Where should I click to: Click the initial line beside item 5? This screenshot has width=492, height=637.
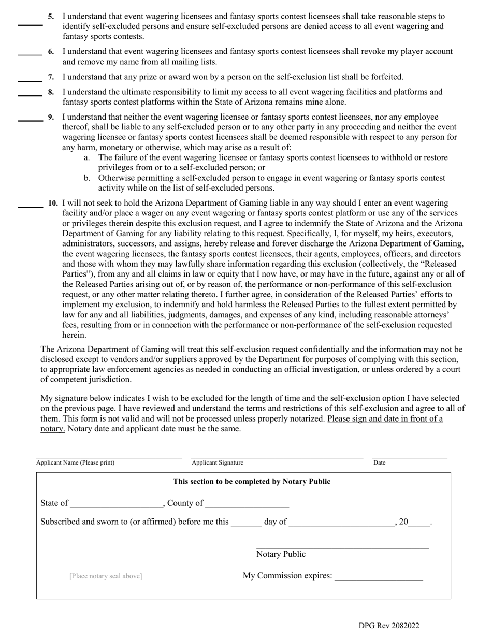tap(30, 24)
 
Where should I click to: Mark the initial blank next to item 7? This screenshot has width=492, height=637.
tap(30, 81)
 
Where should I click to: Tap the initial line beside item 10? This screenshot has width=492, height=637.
tap(30, 207)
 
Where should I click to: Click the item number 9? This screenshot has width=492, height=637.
tap(51, 117)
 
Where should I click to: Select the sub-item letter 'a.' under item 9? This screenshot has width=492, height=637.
tap(86, 157)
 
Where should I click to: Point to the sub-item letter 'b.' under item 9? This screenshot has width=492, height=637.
tap(86, 178)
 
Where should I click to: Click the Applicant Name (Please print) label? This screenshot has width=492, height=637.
tap(76, 462)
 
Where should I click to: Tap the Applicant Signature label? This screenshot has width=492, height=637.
tap(218, 462)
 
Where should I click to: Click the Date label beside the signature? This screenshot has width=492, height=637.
tap(379, 462)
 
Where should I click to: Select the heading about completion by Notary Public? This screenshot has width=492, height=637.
tap(252, 482)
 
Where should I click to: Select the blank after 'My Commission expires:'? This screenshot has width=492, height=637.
tap(379, 579)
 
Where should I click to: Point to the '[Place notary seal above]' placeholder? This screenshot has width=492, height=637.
tap(106, 576)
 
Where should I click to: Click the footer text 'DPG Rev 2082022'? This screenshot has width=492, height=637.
tap(389, 626)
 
